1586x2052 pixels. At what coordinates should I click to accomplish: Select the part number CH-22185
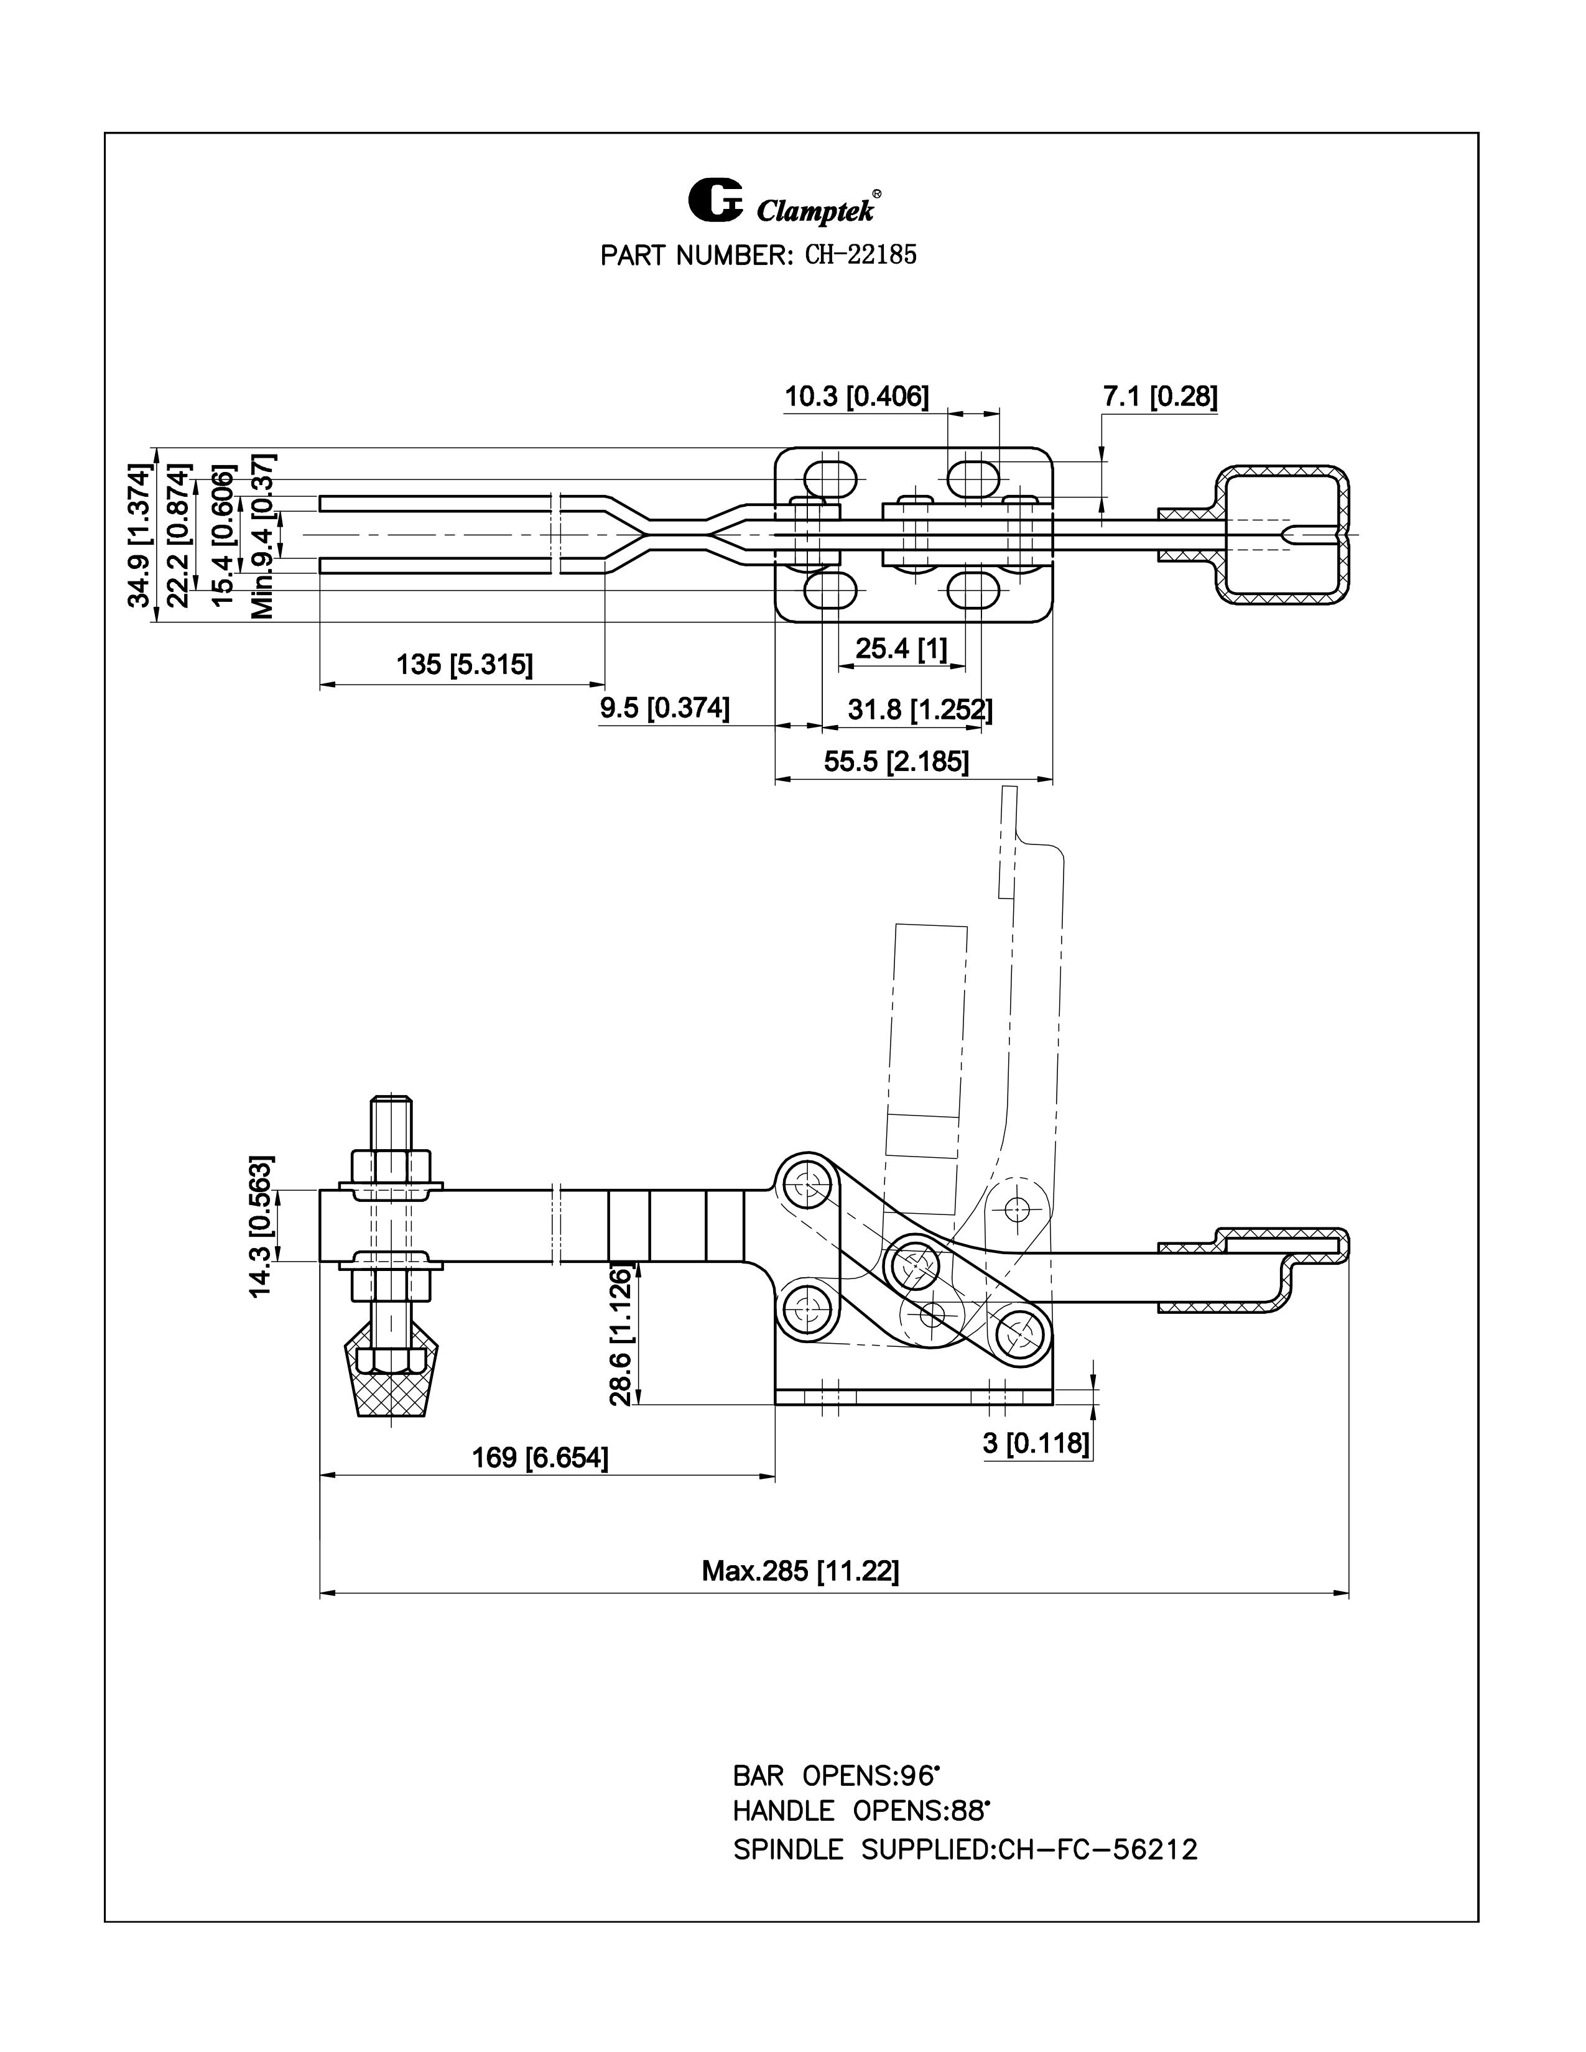click(860, 254)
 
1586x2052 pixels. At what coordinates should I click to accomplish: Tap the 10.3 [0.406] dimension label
click(857, 397)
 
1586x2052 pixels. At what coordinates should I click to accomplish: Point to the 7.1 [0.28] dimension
click(1161, 397)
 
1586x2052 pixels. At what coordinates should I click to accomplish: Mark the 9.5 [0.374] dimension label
click(664, 708)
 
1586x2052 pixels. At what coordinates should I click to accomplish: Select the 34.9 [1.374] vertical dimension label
click(139, 535)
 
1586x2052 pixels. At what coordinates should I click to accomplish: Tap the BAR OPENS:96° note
click(836, 1776)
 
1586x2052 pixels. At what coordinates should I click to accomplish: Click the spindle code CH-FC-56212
click(1097, 1849)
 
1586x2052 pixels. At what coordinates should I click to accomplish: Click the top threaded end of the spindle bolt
click(392, 1111)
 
